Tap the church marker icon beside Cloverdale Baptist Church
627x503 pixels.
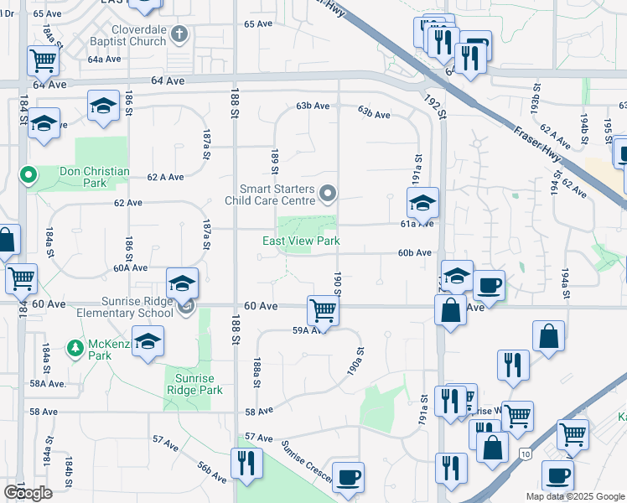pyautogui.click(x=178, y=34)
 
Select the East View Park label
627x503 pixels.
pyautogui.click(x=301, y=241)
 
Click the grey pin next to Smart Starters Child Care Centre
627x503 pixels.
pyautogui.click(x=329, y=195)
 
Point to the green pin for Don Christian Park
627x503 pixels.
pyautogui.click(x=28, y=176)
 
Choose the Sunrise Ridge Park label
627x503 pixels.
pyautogui.click(x=194, y=384)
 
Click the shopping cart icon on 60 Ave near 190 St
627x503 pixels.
pyautogui.click(x=323, y=309)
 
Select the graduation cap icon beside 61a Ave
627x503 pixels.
pyautogui.click(x=423, y=202)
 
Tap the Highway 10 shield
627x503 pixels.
pyautogui.click(x=525, y=454)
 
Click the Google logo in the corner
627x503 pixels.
pyautogui.click(x=28, y=492)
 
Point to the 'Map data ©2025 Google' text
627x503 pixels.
pyautogui.click(x=575, y=496)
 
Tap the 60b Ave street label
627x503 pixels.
pyautogui.click(x=414, y=252)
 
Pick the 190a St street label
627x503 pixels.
pyautogui.click(x=358, y=362)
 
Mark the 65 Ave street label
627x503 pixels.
pyautogui.click(x=258, y=23)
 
